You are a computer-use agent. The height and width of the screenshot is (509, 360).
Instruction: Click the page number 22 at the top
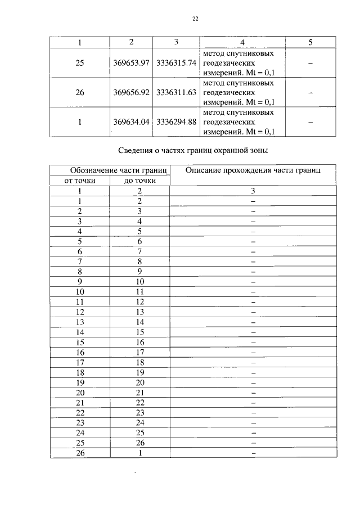(196, 19)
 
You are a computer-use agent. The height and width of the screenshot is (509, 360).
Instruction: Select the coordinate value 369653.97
(131, 62)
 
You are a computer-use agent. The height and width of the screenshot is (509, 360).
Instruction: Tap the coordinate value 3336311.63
(176, 92)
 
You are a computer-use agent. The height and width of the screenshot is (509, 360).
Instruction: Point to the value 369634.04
(131, 121)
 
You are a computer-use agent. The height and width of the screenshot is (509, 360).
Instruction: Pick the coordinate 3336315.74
(176, 62)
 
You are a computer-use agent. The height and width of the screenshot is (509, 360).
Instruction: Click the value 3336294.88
(176, 121)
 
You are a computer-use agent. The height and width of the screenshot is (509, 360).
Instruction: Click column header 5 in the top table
(310, 42)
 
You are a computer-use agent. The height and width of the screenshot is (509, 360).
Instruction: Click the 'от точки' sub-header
(80, 180)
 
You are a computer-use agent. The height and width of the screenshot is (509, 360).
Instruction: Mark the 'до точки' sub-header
(139, 180)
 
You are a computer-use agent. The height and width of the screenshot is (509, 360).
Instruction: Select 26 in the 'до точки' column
(139, 443)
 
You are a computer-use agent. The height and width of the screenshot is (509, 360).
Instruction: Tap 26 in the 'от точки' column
(80, 453)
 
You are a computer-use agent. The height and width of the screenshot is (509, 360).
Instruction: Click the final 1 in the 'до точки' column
(139, 453)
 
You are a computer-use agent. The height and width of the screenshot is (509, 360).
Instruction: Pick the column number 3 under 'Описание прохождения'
(253, 191)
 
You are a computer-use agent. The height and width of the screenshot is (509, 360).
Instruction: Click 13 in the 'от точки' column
(80, 322)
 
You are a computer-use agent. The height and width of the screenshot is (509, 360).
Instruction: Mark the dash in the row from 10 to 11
(253, 292)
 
